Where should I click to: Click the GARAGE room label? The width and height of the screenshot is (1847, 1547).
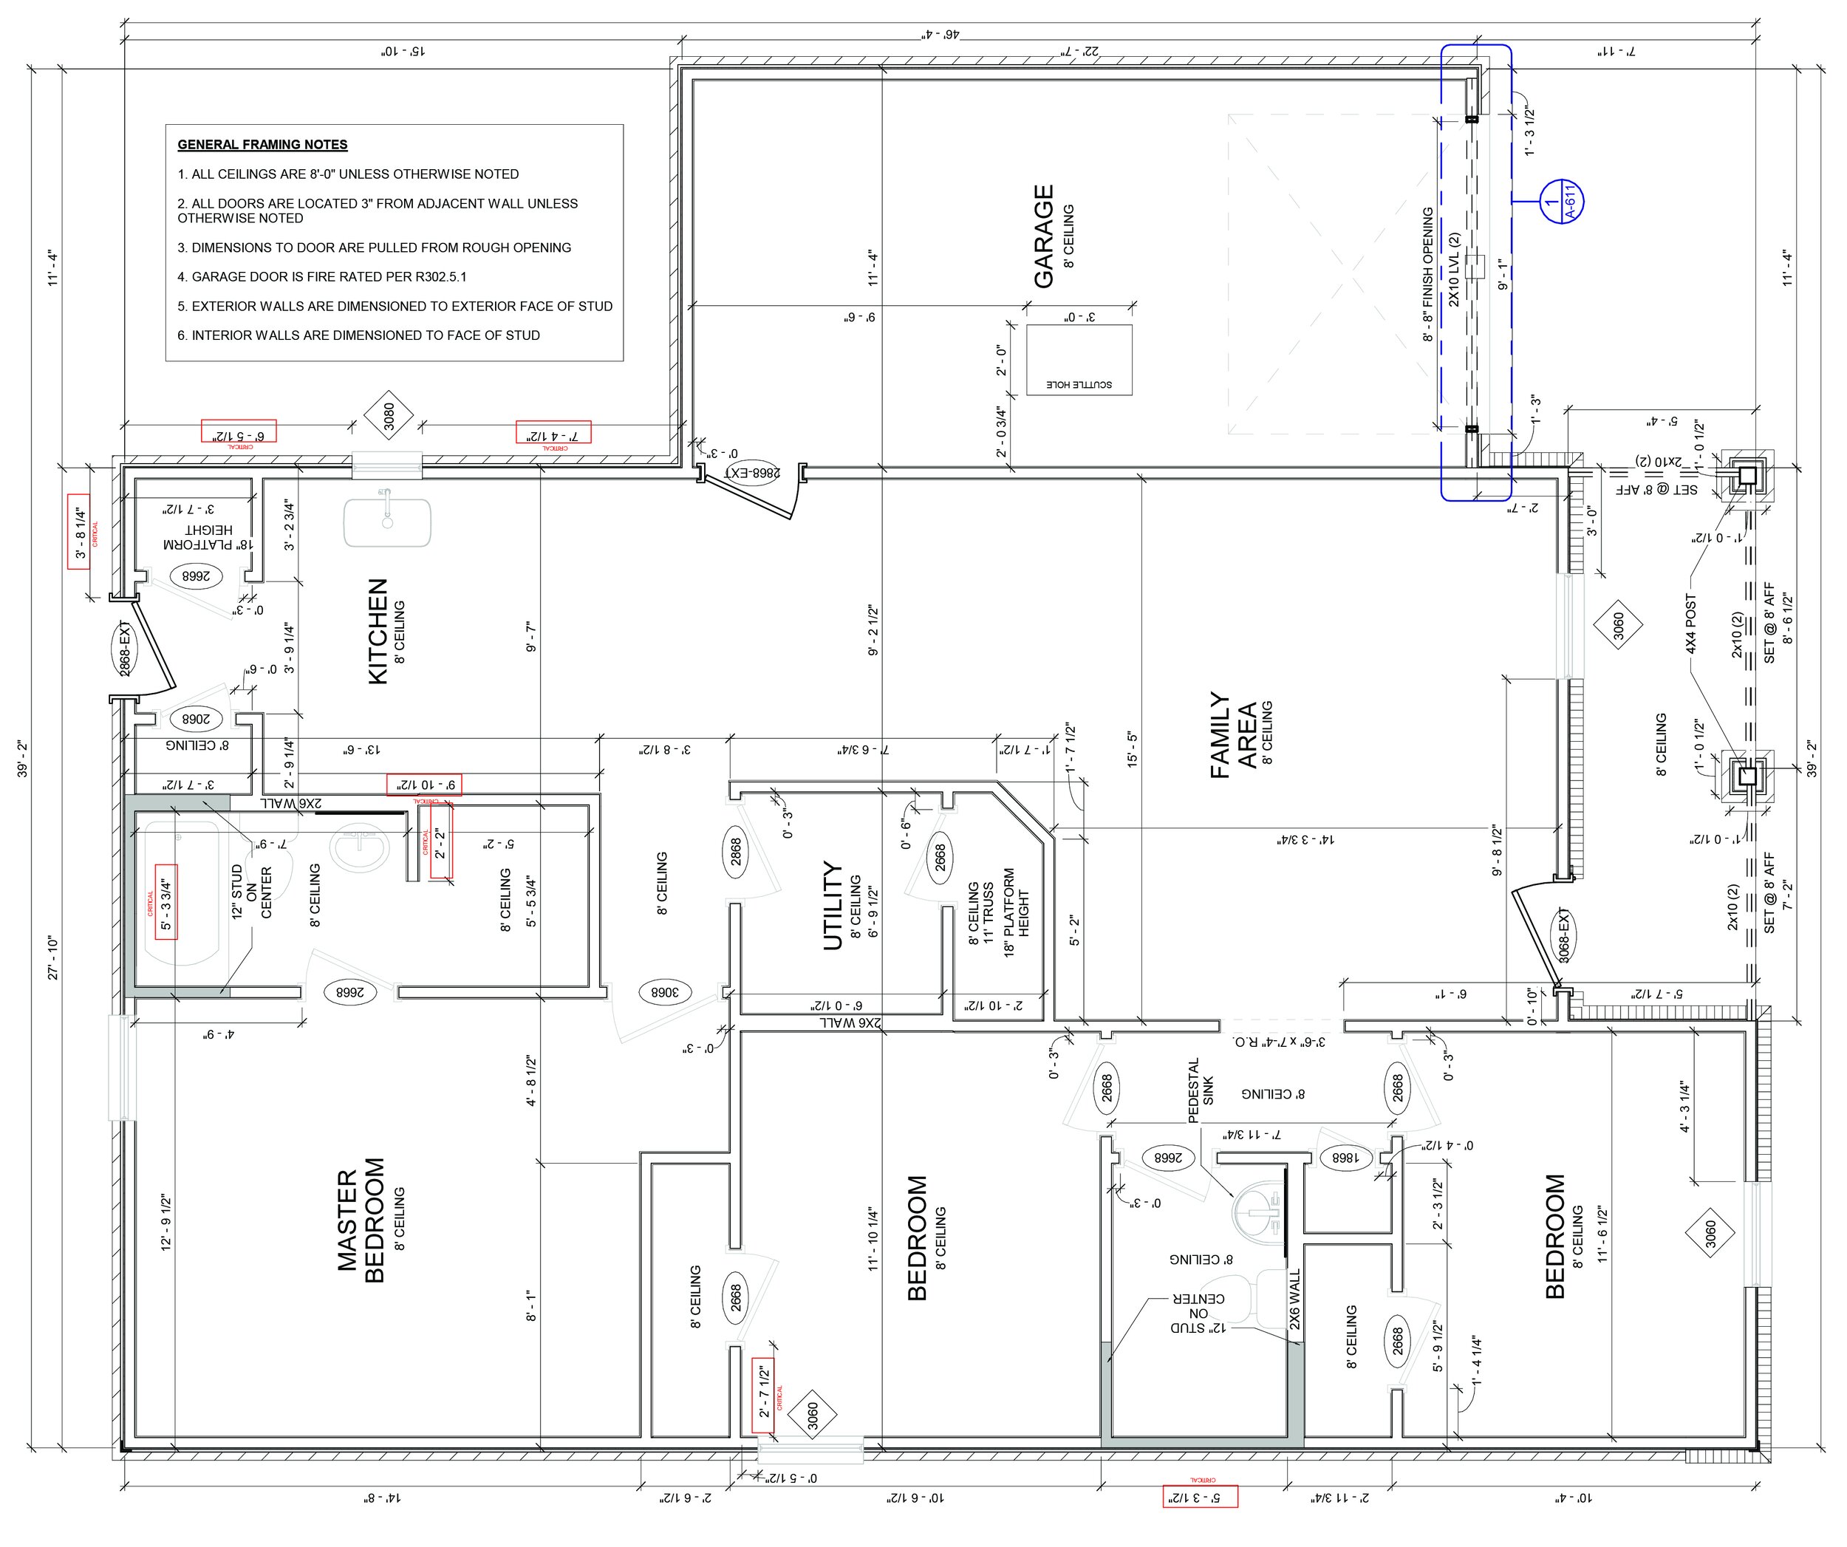click(1044, 236)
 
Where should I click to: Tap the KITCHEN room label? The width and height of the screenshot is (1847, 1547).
click(378, 631)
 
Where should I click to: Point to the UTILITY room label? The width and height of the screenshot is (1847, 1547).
click(832, 906)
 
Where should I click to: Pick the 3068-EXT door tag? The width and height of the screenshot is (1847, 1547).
click(1564, 937)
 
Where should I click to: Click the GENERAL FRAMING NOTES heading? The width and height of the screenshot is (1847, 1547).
click(262, 144)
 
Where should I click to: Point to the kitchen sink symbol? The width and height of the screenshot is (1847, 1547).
click(387, 522)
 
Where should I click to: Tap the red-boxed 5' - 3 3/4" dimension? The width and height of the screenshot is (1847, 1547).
click(166, 901)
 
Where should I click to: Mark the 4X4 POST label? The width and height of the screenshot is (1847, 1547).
click(1690, 624)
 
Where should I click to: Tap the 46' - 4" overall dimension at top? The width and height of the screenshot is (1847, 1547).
click(938, 33)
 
